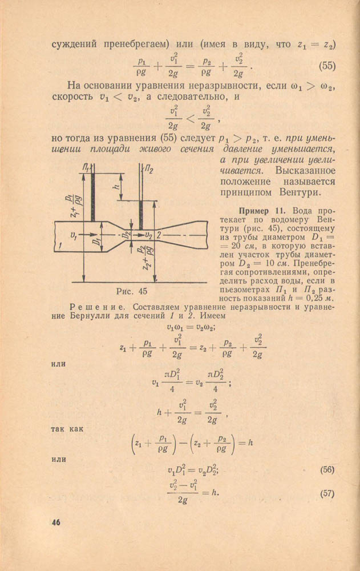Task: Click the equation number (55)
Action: click(x=327, y=66)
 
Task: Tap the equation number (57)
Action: click(x=327, y=494)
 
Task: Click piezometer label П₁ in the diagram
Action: click(x=86, y=167)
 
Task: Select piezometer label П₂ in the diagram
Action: click(x=149, y=169)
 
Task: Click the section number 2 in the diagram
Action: click(x=160, y=235)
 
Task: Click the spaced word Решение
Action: click(x=93, y=307)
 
